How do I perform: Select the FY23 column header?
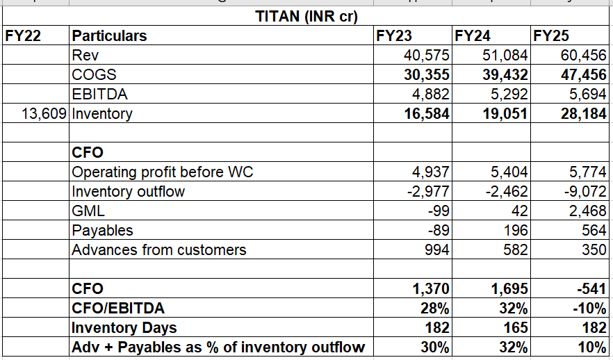click(393, 35)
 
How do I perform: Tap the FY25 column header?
click(550, 35)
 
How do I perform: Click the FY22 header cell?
click(22, 35)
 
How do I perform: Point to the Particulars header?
click(110, 35)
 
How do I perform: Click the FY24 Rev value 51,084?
click(505, 55)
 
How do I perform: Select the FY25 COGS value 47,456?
click(584, 74)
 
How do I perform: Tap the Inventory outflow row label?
click(129, 191)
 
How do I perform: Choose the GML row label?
click(86, 211)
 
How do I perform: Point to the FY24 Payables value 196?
click(515, 230)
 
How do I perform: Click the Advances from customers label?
click(159, 249)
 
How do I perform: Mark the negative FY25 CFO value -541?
click(589, 288)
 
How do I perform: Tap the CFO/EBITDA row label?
click(119, 308)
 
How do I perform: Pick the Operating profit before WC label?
click(163, 172)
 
